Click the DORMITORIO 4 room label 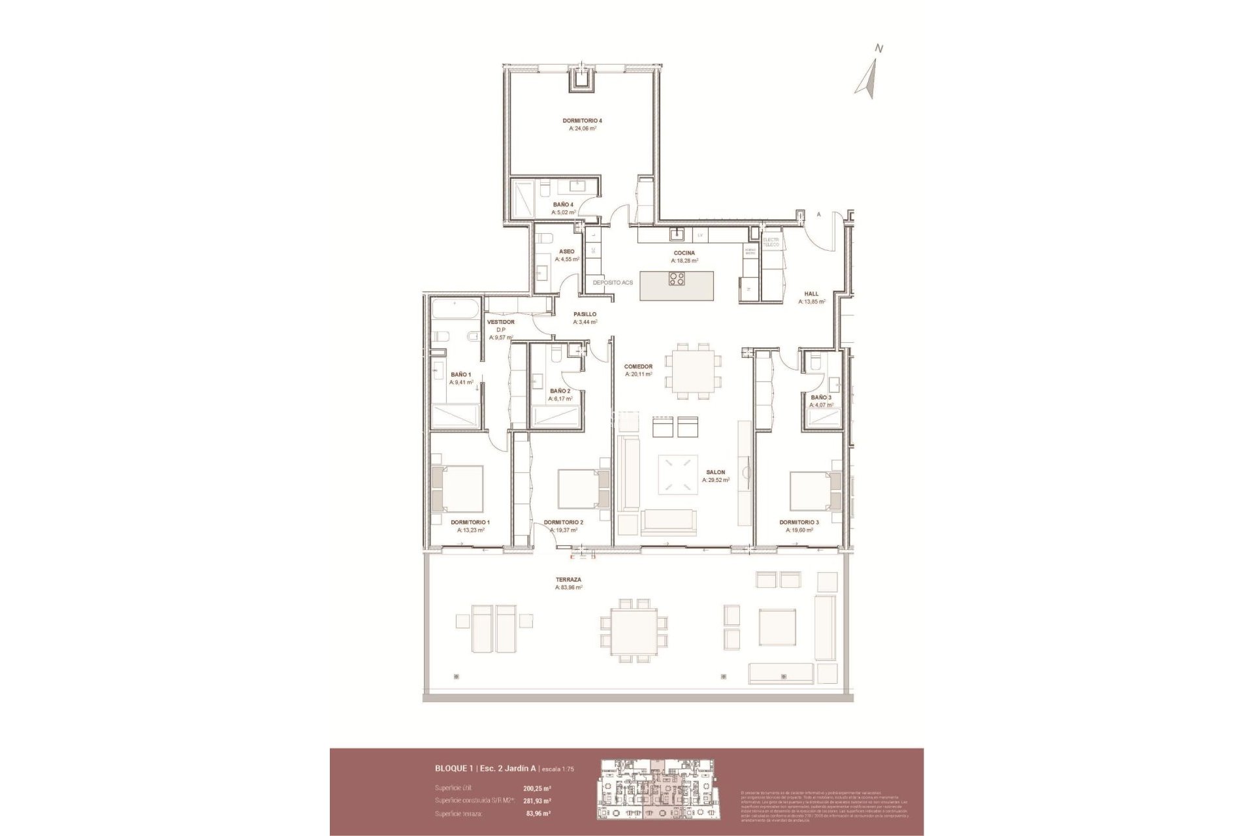pyautogui.click(x=582, y=121)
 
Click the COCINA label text pyautogui.click(x=684, y=253)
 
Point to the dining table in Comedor pyautogui.click(x=693, y=370)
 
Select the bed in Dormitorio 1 pyautogui.click(x=458, y=489)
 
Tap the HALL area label pyautogui.click(x=811, y=294)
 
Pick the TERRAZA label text pyautogui.click(x=568, y=579)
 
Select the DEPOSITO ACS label pyautogui.click(x=613, y=283)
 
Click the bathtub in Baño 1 pyautogui.click(x=456, y=310)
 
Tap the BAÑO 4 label pyautogui.click(x=563, y=204)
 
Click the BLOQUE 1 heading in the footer pyautogui.click(x=455, y=769)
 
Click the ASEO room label pyautogui.click(x=566, y=251)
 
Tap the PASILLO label pyautogui.click(x=585, y=314)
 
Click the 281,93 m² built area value pyautogui.click(x=537, y=801)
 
